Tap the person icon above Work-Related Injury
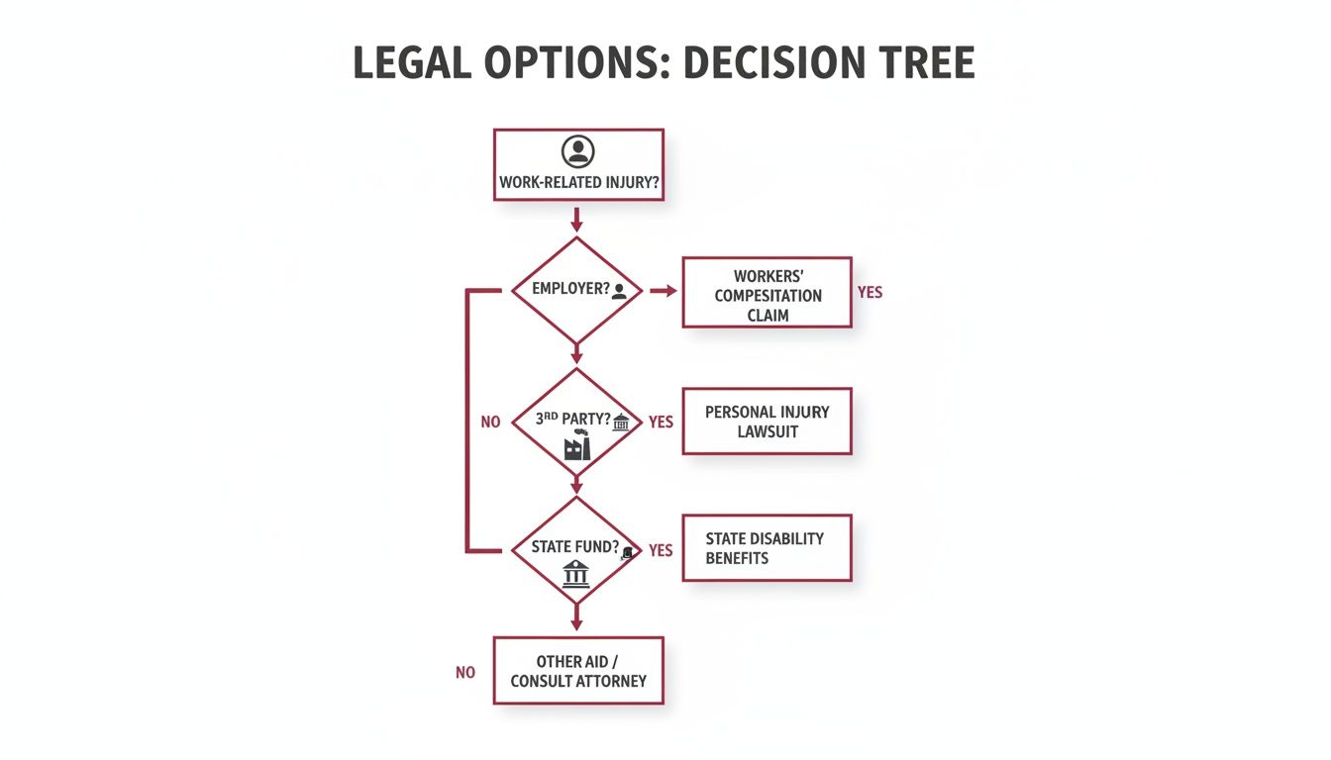tap(577, 151)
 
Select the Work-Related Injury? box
tap(578, 165)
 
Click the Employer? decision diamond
tap(576, 290)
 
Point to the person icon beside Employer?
tap(619, 291)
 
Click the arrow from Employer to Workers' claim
tap(664, 291)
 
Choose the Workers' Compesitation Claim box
tap(768, 292)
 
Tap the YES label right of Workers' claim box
tap(870, 292)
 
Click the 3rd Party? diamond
tap(576, 422)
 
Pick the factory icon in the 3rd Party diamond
tap(577, 444)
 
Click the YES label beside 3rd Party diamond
tap(661, 423)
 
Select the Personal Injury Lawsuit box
tap(768, 422)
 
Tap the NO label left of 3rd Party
tap(491, 423)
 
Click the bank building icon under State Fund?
tap(575, 574)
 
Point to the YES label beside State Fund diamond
tap(661, 550)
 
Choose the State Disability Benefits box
tap(768, 548)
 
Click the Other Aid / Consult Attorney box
tap(578, 671)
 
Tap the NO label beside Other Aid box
tap(465, 673)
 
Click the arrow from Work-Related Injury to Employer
tap(576, 220)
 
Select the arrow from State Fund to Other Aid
tap(576, 617)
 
